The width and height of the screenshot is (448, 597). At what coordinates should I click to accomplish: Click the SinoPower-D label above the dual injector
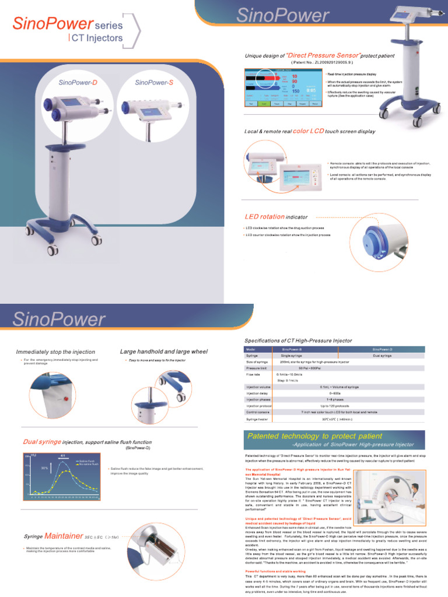tap(78, 82)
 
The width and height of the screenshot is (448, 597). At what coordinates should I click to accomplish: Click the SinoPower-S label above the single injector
tap(154, 82)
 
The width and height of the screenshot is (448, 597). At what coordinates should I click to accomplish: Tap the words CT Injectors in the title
tap(97, 38)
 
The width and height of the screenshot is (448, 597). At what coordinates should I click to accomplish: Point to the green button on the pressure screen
tap(265, 103)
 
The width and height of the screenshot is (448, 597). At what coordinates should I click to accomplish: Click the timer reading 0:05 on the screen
tap(311, 90)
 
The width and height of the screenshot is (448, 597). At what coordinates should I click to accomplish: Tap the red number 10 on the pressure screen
tap(295, 76)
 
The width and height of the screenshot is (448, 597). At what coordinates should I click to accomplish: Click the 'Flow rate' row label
tap(253, 374)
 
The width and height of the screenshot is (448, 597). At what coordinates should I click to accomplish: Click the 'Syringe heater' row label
tap(257, 419)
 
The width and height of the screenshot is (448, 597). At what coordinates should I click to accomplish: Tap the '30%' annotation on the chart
tap(44, 468)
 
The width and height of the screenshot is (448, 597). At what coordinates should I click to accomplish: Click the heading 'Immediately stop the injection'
tap(55, 352)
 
